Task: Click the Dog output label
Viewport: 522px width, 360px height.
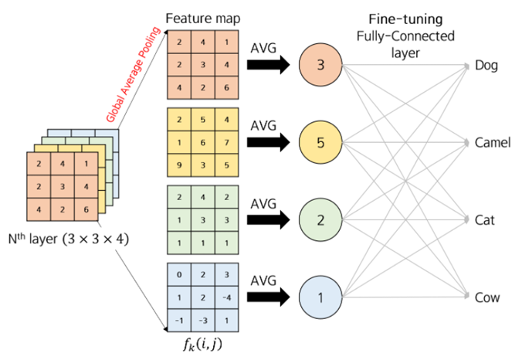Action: [x=488, y=66]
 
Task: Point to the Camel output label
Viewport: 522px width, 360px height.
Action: [x=493, y=143]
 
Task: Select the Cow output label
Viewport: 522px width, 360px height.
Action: [x=488, y=297]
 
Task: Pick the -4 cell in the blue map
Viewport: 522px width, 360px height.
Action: [x=226, y=297]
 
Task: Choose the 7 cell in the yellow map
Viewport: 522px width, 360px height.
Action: [x=226, y=143]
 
